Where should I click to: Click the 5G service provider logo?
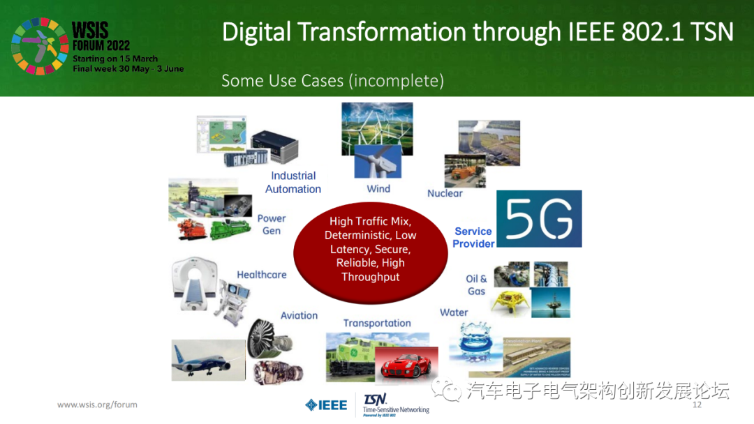pos(538,218)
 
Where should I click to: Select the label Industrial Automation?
pos(293,182)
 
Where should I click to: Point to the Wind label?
pos(378,189)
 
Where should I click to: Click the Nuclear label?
pos(445,193)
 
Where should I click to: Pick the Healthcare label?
pos(262,275)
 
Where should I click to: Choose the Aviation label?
pos(299,315)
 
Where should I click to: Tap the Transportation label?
pos(377,323)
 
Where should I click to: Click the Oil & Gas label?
pos(476,285)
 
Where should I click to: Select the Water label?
pos(454,312)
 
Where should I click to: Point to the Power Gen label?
pos(272,225)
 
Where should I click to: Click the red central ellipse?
pos(370,250)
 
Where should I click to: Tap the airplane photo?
pos(208,360)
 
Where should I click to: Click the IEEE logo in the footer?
pos(326,405)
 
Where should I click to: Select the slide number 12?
pos(697,405)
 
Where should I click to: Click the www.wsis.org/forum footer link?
pos(97,404)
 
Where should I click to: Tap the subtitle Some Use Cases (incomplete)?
pos(332,81)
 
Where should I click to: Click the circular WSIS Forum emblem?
pos(39,47)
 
